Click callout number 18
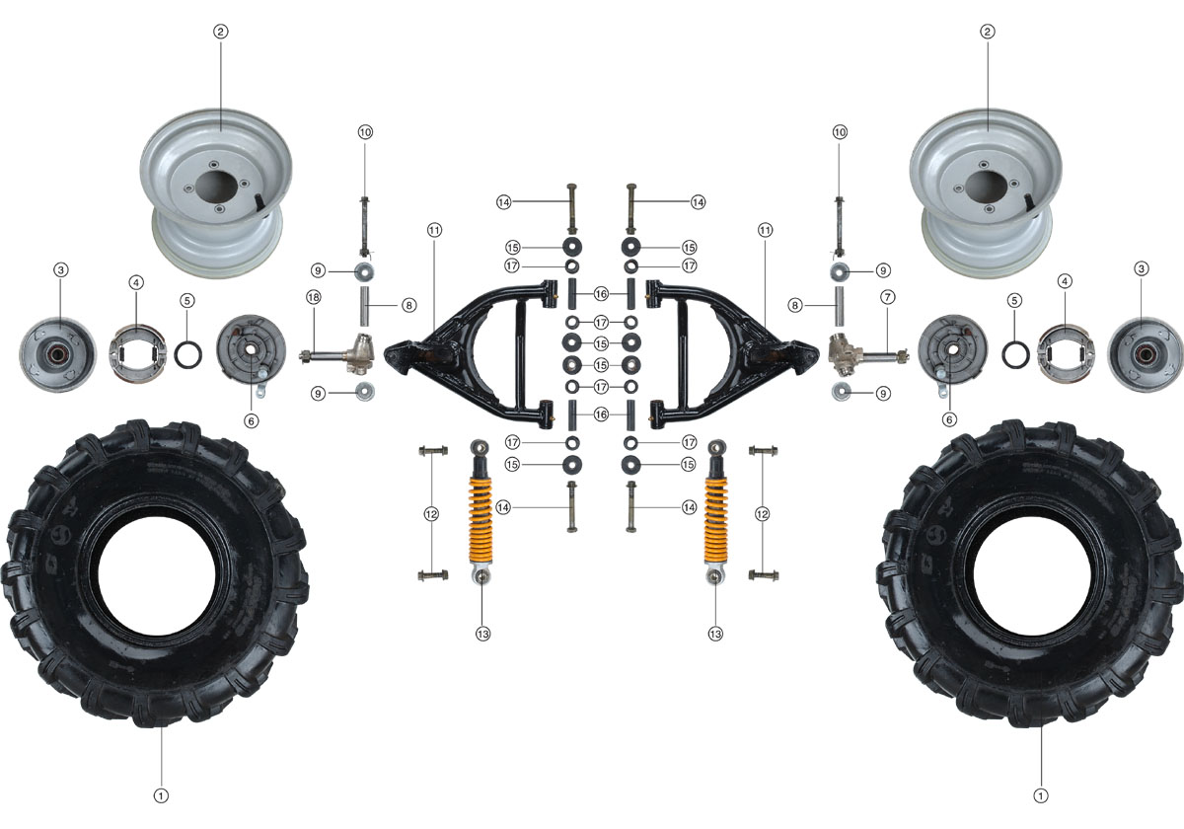pyautogui.click(x=314, y=297)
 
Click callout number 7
pyautogui.click(x=888, y=297)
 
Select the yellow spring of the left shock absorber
pyautogui.click(x=481, y=520)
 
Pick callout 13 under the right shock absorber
pyautogui.click(x=715, y=634)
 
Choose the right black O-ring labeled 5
pyautogui.click(x=1015, y=354)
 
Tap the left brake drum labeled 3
pyautogui.click(x=58, y=354)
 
